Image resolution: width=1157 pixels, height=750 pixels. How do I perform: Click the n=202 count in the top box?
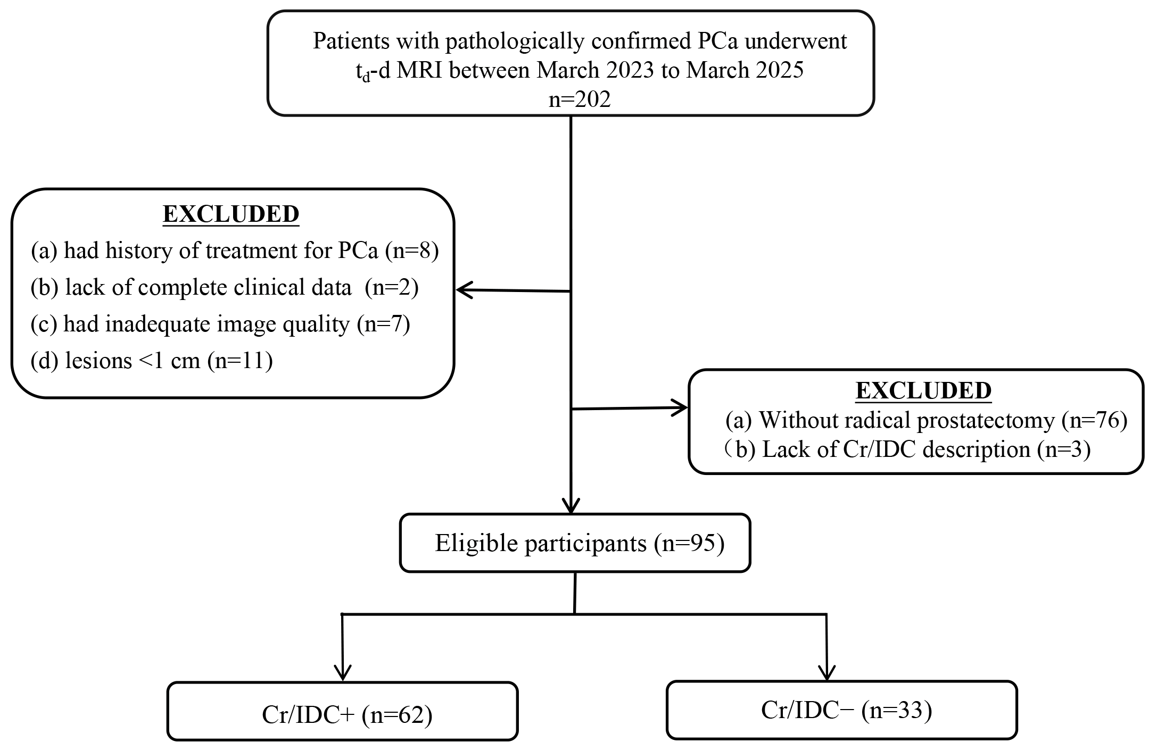click(x=580, y=99)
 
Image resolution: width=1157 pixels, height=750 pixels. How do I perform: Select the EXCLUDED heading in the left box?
click(x=231, y=214)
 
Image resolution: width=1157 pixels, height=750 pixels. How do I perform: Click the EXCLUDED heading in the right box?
click(x=923, y=390)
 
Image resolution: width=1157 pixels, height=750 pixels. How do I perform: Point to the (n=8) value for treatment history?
click(x=412, y=251)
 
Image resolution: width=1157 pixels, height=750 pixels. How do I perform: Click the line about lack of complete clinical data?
click(x=225, y=287)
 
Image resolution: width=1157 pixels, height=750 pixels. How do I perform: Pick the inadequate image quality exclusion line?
click(x=220, y=324)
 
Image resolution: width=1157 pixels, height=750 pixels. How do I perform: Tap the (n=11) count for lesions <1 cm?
click(x=239, y=361)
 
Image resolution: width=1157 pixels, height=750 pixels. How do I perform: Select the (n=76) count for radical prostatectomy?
click(x=1094, y=420)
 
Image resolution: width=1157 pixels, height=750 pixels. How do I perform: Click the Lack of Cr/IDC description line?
click(x=907, y=449)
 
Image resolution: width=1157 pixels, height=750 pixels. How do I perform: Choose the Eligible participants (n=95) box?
click(x=575, y=543)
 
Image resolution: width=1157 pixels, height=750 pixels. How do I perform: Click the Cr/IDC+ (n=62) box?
click(x=343, y=711)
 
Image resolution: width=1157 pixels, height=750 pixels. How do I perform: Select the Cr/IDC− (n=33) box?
click(x=841, y=710)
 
